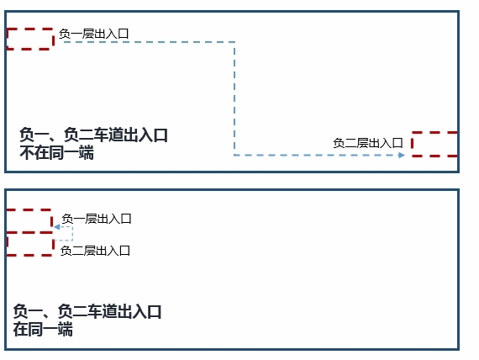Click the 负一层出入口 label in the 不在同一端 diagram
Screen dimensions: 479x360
[x=94, y=34]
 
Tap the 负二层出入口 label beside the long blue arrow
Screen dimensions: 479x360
[x=368, y=143]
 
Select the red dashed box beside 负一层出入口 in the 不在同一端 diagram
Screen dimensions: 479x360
[x=30, y=39]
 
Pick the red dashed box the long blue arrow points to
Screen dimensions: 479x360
[x=434, y=144]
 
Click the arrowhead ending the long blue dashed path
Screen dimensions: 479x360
[x=402, y=155]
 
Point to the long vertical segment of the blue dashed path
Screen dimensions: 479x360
[x=234, y=98]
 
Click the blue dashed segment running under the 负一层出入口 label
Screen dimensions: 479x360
[x=149, y=42]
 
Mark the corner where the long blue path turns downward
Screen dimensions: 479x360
[x=234, y=42]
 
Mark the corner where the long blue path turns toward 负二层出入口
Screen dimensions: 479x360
[x=234, y=155]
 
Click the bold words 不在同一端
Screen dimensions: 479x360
[x=57, y=152]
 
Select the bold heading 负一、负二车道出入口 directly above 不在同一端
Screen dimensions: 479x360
[x=94, y=135]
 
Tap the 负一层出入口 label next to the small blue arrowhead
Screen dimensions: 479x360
[x=97, y=219]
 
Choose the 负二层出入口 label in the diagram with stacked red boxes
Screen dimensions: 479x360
[x=95, y=251]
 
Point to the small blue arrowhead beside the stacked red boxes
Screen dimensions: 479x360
[x=57, y=227]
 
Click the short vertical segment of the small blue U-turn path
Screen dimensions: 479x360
[x=72, y=234]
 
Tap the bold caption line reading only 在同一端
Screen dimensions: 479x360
[x=43, y=330]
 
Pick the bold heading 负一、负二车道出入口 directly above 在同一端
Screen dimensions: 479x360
[x=87, y=311]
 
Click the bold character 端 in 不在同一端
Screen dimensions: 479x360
[x=87, y=152]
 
